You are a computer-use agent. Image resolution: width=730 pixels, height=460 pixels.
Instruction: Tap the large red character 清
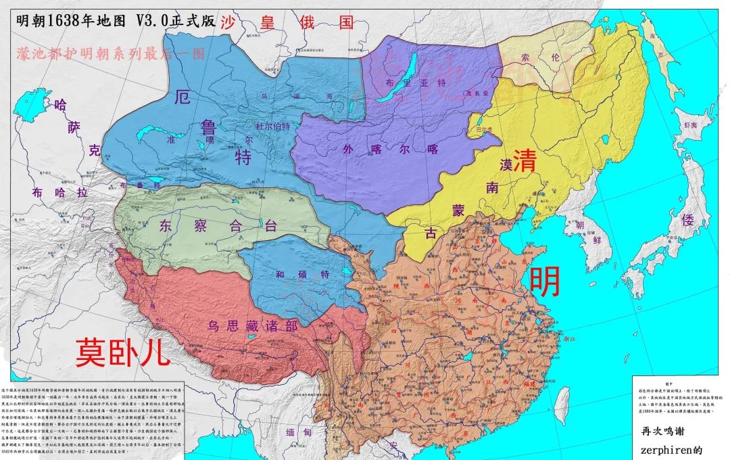tap(525, 160)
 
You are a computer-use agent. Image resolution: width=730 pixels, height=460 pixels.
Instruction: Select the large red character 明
tap(544, 281)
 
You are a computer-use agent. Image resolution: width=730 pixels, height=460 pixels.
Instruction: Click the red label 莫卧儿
tap(123, 352)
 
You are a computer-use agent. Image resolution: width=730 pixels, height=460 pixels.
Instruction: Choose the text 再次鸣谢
tap(662, 431)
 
